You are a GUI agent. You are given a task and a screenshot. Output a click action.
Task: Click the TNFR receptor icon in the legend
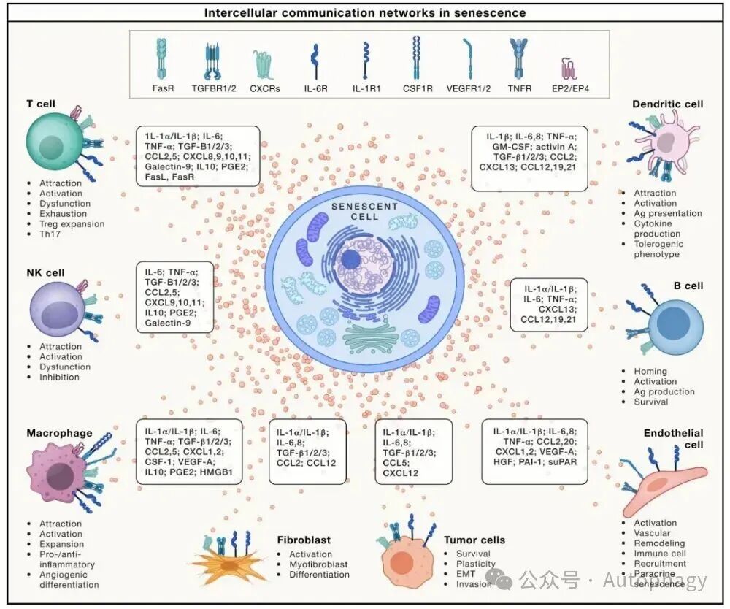click(520, 58)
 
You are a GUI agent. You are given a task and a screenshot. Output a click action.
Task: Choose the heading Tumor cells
click(474, 540)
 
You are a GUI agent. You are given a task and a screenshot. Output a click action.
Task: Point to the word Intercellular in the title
click(238, 12)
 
